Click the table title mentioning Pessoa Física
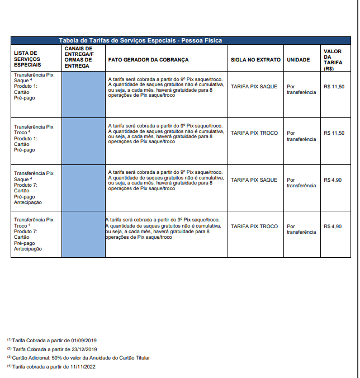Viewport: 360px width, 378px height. click(140, 40)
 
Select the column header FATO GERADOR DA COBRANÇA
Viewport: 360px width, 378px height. click(148, 59)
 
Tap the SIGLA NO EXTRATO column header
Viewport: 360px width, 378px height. click(255, 59)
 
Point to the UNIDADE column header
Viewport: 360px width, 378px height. click(298, 59)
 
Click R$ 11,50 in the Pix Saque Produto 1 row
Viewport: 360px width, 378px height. click(334, 87)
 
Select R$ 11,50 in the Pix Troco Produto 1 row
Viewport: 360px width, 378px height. click(334, 133)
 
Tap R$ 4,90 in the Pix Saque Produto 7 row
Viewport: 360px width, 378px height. click(332, 180)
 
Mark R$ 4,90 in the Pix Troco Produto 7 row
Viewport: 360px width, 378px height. click(332, 226)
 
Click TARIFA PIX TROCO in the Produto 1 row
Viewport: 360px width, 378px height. click(254, 133)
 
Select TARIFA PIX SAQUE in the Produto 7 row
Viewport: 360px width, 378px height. click(254, 180)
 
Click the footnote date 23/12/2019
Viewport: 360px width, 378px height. click(85, 349)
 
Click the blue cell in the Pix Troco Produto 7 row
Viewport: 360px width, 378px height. click(83, 234)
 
